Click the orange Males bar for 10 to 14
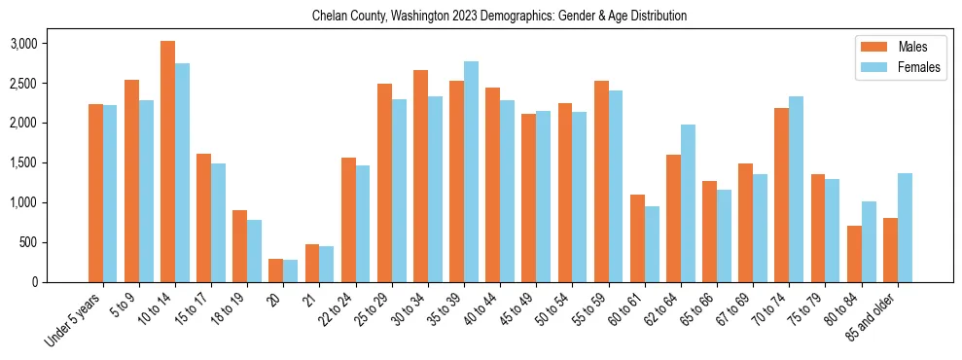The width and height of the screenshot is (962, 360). pyautogui.click(x=167, y=162)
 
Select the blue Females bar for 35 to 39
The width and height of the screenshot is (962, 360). pyautogui.click(x=471, y=172)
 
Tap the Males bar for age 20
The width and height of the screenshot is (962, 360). pyautogui.click(x=276, y=270)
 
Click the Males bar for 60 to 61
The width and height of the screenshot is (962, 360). pyautogui.click(x=637, y=238)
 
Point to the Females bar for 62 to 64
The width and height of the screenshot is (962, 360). pyautogui.click(x=688, y=203)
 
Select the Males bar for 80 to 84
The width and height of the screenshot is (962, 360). pyautogui.click(x=854, y=254)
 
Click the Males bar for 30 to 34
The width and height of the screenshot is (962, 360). pyautogui.click(x=420, y=176)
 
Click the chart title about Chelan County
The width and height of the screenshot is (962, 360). pyautogui.click(x=500, y=16)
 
